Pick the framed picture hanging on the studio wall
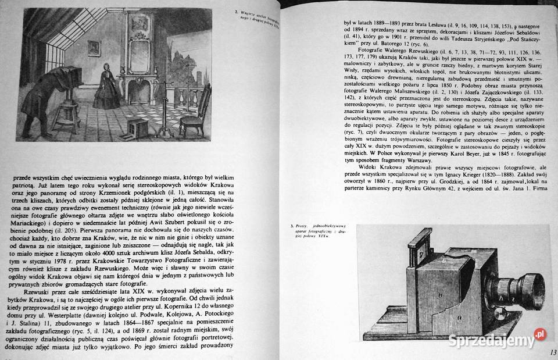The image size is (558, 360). (94, 47)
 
